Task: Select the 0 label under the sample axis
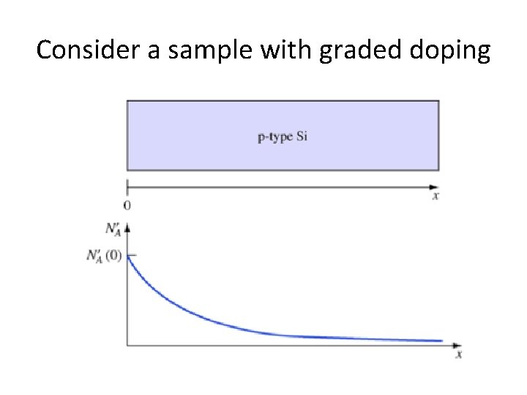127,206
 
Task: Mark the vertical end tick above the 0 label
127,186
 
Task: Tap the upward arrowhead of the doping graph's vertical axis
127,227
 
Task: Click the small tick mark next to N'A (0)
132,254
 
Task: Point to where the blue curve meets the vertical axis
128,255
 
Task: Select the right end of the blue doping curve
442,340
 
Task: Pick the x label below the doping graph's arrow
459,355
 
